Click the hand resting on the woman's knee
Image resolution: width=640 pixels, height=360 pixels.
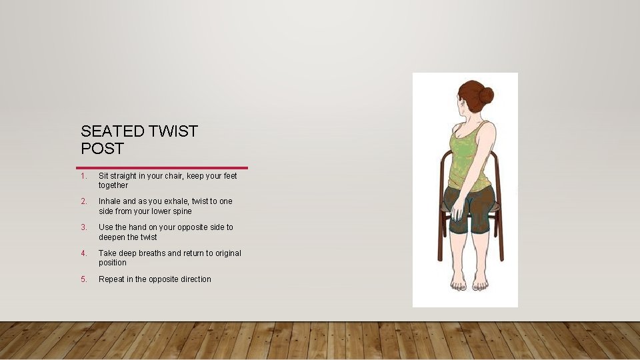tap(457, 211)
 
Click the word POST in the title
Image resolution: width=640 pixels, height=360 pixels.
tap(103, 149)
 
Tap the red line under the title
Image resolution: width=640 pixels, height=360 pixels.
tap(162, 167)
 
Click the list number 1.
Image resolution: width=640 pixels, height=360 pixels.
tap(83, 176)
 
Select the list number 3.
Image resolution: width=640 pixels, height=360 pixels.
tap(83, 227)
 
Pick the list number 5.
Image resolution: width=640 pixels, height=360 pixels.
tap(83, 279)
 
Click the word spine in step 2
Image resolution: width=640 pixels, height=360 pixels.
tap(181, 211)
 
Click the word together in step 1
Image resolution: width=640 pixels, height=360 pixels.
tap(113, 186)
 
